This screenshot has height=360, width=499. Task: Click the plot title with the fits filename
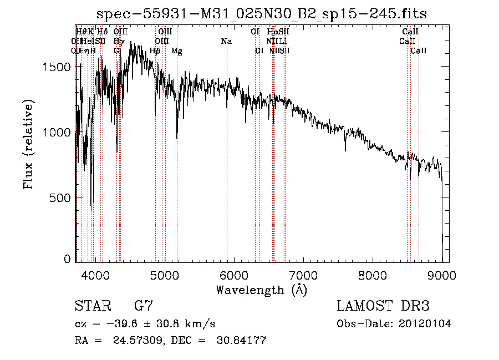262,14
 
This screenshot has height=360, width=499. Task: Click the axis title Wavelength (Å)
261,290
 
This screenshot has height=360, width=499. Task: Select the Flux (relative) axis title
28,144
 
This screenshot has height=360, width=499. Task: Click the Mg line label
177,51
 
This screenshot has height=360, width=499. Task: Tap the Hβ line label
155,51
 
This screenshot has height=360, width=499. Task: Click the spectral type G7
143,306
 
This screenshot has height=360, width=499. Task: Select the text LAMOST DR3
383,306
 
